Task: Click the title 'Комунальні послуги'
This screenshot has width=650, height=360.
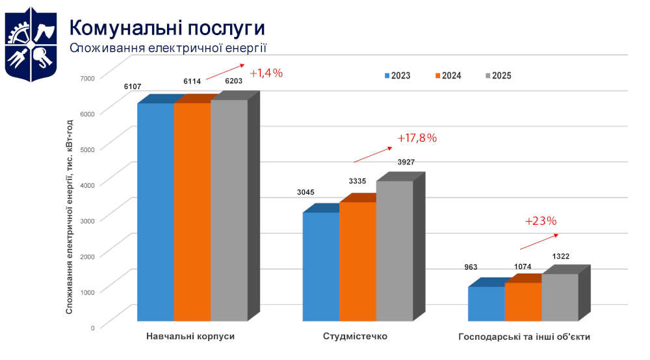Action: [x=167, y=28]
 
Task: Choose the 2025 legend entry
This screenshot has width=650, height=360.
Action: [x=498, y=75]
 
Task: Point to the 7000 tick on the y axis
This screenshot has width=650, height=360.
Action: [x=87, y=78]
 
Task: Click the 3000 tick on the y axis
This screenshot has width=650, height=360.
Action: [x=87, y=220]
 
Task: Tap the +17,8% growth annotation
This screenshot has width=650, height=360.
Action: [x=417, y=138]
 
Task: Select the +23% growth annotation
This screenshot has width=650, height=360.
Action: [x=541, y=221]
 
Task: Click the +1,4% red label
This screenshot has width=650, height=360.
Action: [x=266, y=73]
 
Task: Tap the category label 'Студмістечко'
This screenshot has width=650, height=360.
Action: [x=355, y=337]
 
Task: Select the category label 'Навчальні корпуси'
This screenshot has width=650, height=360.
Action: [x=190, y=337]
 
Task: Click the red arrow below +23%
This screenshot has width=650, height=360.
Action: [x=538, y=241]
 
